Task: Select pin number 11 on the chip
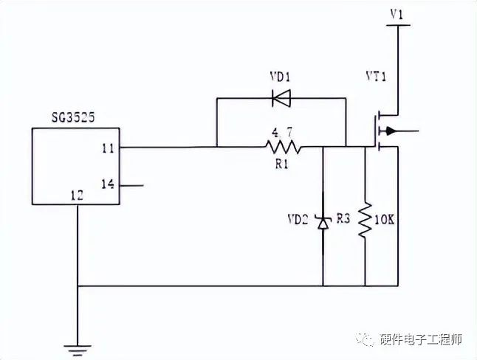pyautogui.click(x=108, y=148)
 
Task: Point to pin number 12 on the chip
pyautogui.click(x=77, y=195)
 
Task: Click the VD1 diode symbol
pyautogui.click(x=281, y=97)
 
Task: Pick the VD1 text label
pyautogui.click(x=281, y=77)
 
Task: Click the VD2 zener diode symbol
pyautogui.click(x=323, y=221)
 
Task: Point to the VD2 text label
pyautogui.click(x=299, y=219)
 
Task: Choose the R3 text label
pyautogui.click(x=343, y=219)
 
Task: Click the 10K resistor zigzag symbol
pyautogui.click(x=365, y=220)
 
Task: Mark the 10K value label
pyautogui.click(x=386, y=219)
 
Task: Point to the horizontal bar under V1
pyautogui.click(x=398, y=25)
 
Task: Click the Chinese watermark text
pyautogui.click(x=420, y=339)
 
